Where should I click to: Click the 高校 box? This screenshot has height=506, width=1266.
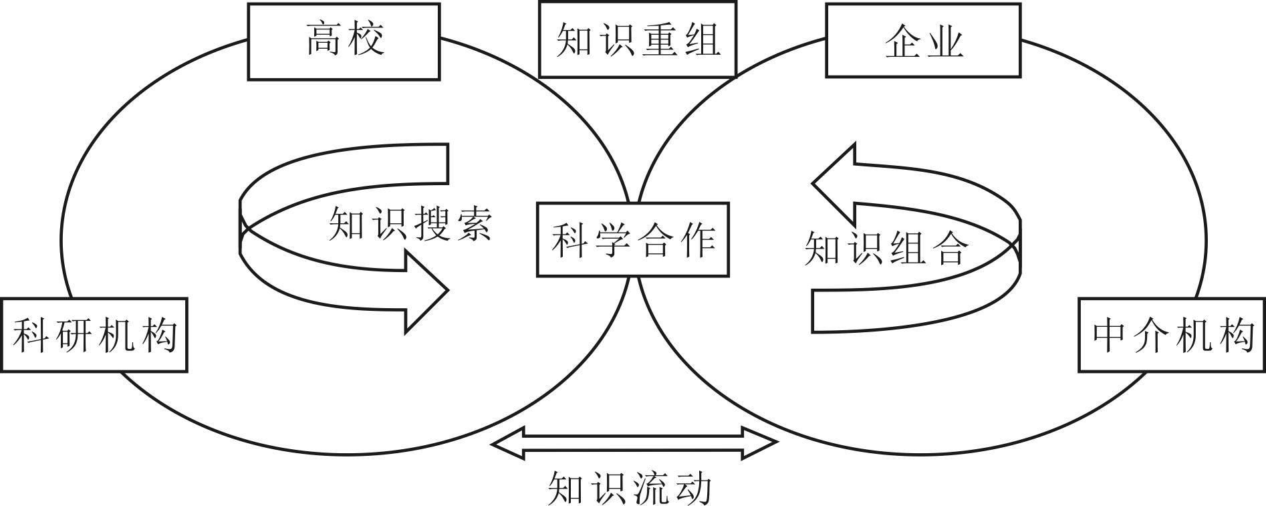(344, 41)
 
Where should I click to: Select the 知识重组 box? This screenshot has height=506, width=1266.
(637, 39)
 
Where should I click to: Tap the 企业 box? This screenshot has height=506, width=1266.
(923, 41)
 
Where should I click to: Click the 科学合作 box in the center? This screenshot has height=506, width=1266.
(632, 240)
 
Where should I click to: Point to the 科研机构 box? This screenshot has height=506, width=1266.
(94, 335)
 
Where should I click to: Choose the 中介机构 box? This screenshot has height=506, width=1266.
(1172, 335)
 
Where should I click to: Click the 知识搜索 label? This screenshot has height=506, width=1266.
(410, 223)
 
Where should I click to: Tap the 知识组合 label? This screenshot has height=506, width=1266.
(886, 249)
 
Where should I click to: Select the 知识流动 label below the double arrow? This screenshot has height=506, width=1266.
(629, 488)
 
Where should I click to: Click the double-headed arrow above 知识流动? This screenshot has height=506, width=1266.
(634, 443)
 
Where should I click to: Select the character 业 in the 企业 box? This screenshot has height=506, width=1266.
(944, 41)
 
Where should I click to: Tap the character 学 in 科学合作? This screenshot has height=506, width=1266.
(612, 241)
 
